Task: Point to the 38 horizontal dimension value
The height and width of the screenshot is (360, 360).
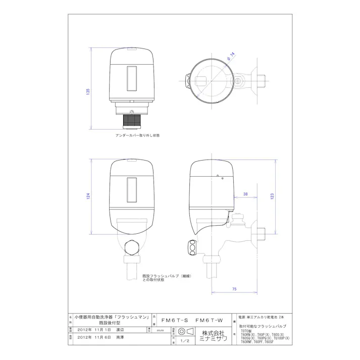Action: point(245,194)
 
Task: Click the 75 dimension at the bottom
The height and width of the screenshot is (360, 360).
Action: point(235,288)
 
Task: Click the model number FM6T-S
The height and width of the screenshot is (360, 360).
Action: point(174,320)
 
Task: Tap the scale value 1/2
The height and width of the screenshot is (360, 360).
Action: point(185,341)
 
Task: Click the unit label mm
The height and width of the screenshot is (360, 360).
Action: point(160,330)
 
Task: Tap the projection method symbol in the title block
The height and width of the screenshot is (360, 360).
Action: point(185,331)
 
